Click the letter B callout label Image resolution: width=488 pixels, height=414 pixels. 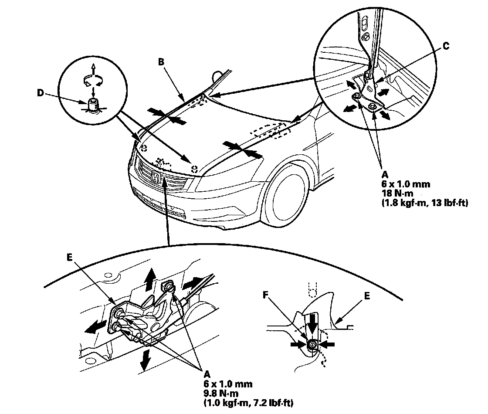point(161,62)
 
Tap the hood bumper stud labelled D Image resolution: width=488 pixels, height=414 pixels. point(93,105)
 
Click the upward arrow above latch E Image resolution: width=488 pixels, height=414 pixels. point(150,277)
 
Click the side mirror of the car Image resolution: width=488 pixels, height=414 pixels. point(217,75)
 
